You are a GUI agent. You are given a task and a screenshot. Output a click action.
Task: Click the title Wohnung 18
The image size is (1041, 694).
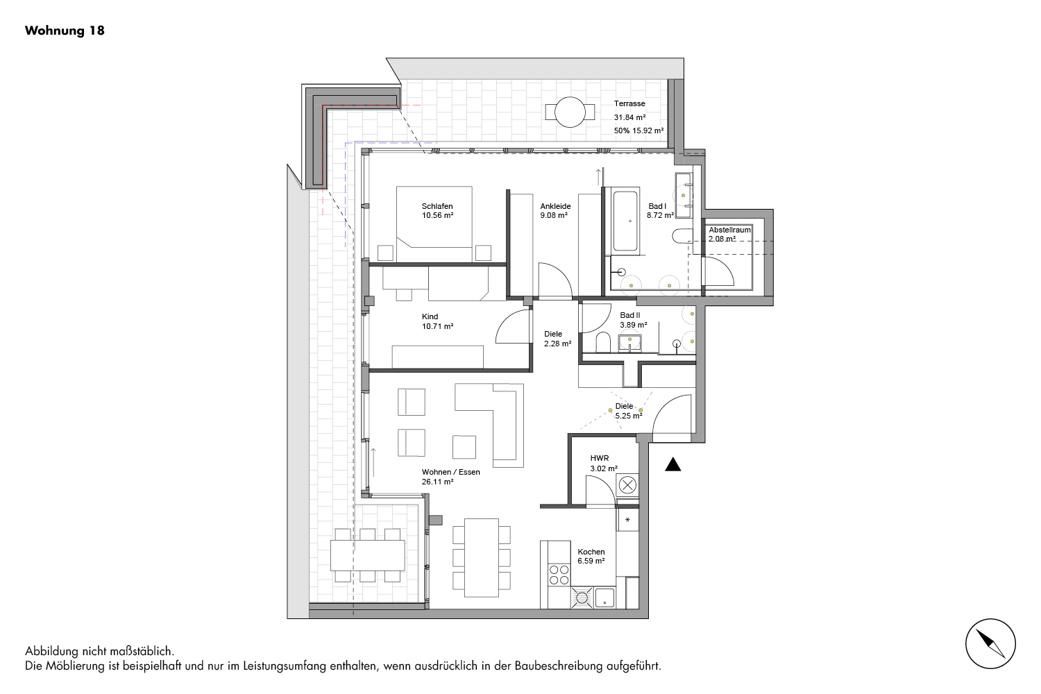tap(65, 31)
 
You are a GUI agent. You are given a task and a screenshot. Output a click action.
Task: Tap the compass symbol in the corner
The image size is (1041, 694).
tap(990, 643)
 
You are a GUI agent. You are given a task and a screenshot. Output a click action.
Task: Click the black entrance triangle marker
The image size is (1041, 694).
tap(672, 464)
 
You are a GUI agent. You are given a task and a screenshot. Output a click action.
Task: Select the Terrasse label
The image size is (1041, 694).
tap(629, 103)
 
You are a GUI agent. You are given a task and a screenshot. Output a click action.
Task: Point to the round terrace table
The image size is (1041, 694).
tap(570, 112)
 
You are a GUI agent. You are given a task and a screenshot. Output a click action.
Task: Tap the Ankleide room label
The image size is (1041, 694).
tap(555, 206)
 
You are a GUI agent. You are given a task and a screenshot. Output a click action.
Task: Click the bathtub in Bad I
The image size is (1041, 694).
tap(625, 221)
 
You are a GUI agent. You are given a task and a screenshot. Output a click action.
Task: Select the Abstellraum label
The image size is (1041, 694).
tap(729, 230)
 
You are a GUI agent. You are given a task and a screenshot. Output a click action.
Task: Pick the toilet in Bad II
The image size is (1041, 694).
tap(603, 342)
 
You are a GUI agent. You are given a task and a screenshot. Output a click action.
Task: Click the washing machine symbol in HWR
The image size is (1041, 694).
tap(627, 486)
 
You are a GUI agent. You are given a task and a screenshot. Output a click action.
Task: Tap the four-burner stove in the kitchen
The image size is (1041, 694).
tap(559, 575)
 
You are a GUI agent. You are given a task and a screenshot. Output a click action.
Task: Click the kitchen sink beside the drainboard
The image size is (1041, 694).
tap(604, 598)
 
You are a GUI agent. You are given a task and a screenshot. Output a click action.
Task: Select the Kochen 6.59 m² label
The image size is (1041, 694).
tap(591, 557)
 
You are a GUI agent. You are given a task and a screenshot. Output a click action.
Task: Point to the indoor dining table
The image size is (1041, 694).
tap(482, 558)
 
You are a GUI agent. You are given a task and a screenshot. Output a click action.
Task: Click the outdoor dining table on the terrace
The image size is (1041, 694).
tap(368, 555)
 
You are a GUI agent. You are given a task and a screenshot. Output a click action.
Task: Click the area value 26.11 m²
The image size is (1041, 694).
tap(437, 482)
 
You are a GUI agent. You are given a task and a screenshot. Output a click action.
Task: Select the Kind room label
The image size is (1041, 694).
tap(430, 316)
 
